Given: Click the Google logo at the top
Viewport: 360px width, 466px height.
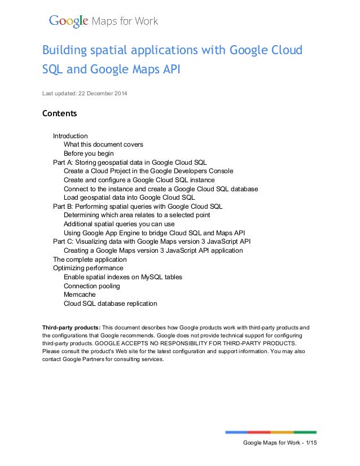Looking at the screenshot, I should pos(68,22).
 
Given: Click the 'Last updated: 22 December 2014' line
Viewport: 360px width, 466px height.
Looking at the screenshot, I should pos(85,93).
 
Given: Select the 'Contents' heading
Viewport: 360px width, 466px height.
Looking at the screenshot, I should pos(59,114).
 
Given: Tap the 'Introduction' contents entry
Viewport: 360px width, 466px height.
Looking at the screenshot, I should pos(70,136).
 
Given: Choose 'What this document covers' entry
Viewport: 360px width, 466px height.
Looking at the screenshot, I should pos(103,144).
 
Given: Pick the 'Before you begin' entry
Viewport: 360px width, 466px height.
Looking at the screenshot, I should pos(89,153).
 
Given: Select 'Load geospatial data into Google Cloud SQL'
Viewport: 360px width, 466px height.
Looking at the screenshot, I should pos(129,197).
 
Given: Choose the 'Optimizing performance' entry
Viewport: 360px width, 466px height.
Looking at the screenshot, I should pos(88,268).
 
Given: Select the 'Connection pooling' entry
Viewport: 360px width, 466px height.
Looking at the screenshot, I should pos(91,286).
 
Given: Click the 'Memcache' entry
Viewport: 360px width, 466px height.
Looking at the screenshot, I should pos(80,294).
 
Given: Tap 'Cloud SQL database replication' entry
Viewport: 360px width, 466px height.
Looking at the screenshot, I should pos(110,304).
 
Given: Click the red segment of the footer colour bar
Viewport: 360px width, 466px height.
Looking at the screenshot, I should pos(259,432).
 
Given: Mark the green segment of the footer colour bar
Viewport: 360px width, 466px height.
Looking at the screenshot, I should pos(305,432).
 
